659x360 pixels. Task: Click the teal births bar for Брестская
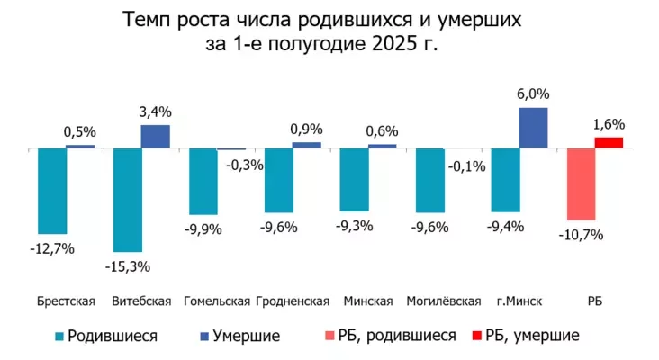52,190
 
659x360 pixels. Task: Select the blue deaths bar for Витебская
155,136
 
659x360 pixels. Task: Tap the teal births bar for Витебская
127,199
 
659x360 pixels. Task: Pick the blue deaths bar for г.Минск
533,127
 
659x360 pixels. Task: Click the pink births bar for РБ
581,184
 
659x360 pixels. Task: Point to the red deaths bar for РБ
609,142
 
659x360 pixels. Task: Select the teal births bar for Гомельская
203,180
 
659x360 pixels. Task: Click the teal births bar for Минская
354,179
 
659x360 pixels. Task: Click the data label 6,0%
534,94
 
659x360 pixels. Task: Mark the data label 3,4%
155,112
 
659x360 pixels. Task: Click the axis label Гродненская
293,301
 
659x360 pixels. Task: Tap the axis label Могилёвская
444,301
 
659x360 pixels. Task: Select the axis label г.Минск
519,301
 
